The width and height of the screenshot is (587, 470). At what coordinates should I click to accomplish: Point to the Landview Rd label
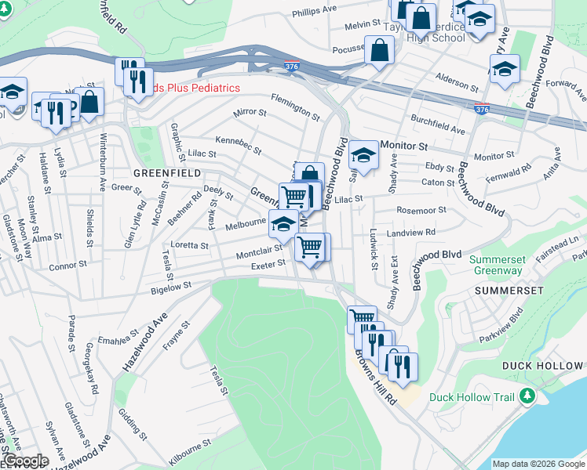click(410, 233)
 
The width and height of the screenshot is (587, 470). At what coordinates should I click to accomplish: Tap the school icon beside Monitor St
click(363, 154)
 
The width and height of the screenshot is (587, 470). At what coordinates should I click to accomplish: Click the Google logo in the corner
click(25, 461)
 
